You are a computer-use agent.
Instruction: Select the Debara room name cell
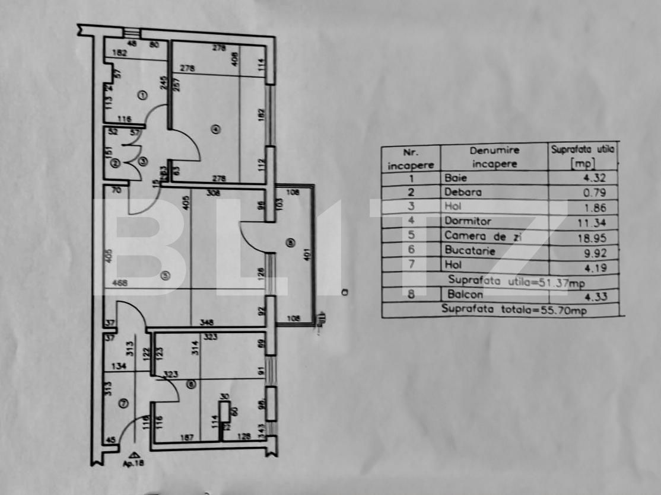pos(463,192)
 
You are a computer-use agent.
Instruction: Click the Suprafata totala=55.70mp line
pos(514,309)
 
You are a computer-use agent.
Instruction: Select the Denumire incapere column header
pos(494,158)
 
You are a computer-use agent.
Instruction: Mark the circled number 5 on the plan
pos(166,275)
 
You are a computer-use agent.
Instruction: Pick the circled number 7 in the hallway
pos(123,404)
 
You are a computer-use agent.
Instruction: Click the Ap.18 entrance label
pos(136,463)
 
